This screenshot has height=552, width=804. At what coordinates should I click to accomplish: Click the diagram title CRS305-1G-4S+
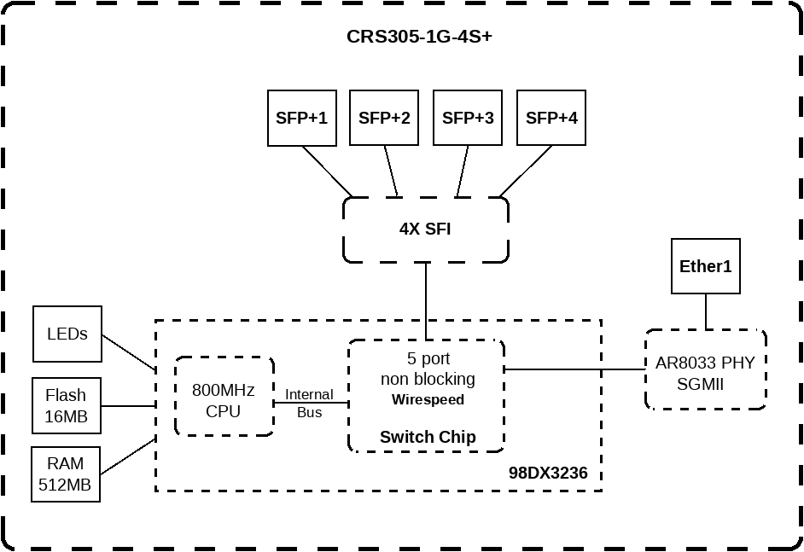(418, 37)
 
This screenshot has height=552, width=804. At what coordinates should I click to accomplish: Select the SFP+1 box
(301, 118)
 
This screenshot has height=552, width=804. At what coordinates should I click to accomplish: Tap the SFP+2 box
(384, 118)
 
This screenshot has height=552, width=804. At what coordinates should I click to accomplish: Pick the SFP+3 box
(468, 118)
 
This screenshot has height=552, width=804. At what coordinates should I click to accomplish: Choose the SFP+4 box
(551, 118)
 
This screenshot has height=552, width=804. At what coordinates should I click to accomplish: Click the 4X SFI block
(425, 230)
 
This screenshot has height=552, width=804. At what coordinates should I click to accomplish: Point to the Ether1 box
(705, 266)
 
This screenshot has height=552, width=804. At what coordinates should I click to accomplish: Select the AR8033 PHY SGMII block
(705, 373)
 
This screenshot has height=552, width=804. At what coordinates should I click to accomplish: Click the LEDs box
(67, 334)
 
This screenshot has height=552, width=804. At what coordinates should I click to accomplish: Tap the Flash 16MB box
(67, 406)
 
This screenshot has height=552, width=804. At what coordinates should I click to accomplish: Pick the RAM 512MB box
(66, 474)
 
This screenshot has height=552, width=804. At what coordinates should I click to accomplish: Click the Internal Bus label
(309, 403)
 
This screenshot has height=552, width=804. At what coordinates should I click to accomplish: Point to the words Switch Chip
(428, 437)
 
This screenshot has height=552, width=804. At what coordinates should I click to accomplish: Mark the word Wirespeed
(428, 399)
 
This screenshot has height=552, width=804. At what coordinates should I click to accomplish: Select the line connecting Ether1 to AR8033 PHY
(706, 311)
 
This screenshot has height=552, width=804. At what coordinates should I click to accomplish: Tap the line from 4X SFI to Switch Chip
(426, 300)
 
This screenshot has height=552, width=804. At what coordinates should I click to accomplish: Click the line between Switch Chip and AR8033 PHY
(574, 369)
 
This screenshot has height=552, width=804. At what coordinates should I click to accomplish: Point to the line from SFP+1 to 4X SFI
(328, 171)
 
